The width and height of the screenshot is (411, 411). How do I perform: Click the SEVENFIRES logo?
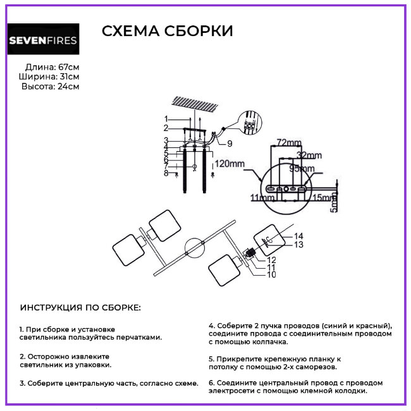(43, 40)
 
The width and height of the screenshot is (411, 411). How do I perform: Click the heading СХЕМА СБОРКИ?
(167, 32)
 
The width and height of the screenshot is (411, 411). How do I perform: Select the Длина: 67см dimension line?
(52, 67)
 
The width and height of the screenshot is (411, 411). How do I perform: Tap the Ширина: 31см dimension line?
(49, 77)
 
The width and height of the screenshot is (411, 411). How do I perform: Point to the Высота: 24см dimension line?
(51, 87)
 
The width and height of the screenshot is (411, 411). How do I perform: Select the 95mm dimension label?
(302, 168)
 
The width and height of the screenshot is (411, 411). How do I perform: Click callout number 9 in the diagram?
(230, 143)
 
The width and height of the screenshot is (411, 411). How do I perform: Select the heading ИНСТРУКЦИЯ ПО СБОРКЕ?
(80, 307)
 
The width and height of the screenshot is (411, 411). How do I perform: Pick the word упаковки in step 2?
(92, 365)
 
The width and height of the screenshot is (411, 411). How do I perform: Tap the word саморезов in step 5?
(316, 366)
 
